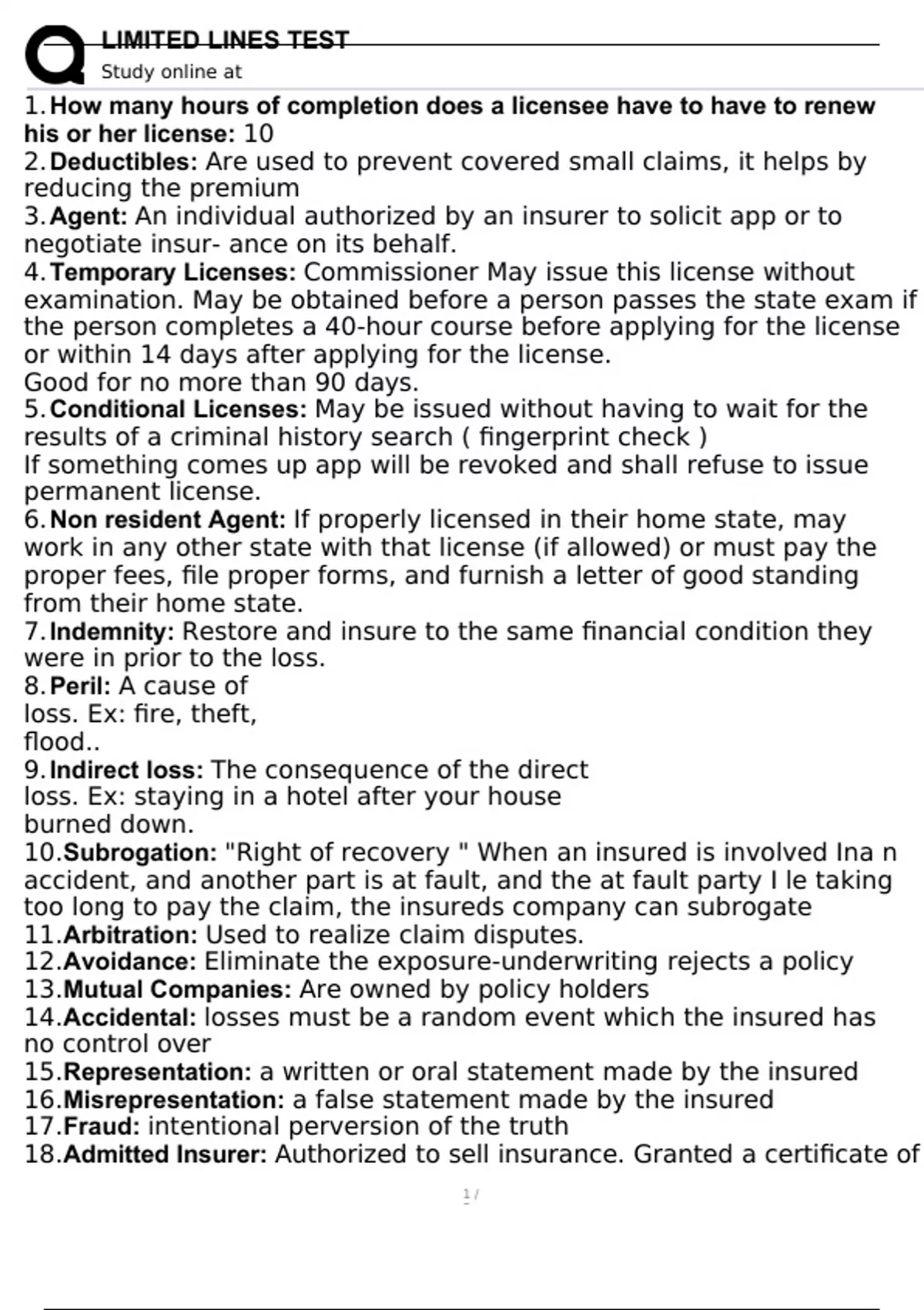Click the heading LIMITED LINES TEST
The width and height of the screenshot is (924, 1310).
pos(225,39)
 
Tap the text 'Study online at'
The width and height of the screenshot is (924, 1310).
pos(171,72)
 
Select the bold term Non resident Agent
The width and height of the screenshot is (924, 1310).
pos(167,519)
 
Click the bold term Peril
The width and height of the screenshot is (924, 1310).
pos(80,686)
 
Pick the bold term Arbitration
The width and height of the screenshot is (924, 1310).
pos(130,935)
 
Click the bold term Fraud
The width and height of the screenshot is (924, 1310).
pos(102,1127)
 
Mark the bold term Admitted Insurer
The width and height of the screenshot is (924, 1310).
pos(165,1154)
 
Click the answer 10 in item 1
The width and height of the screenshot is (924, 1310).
pos(258,134)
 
